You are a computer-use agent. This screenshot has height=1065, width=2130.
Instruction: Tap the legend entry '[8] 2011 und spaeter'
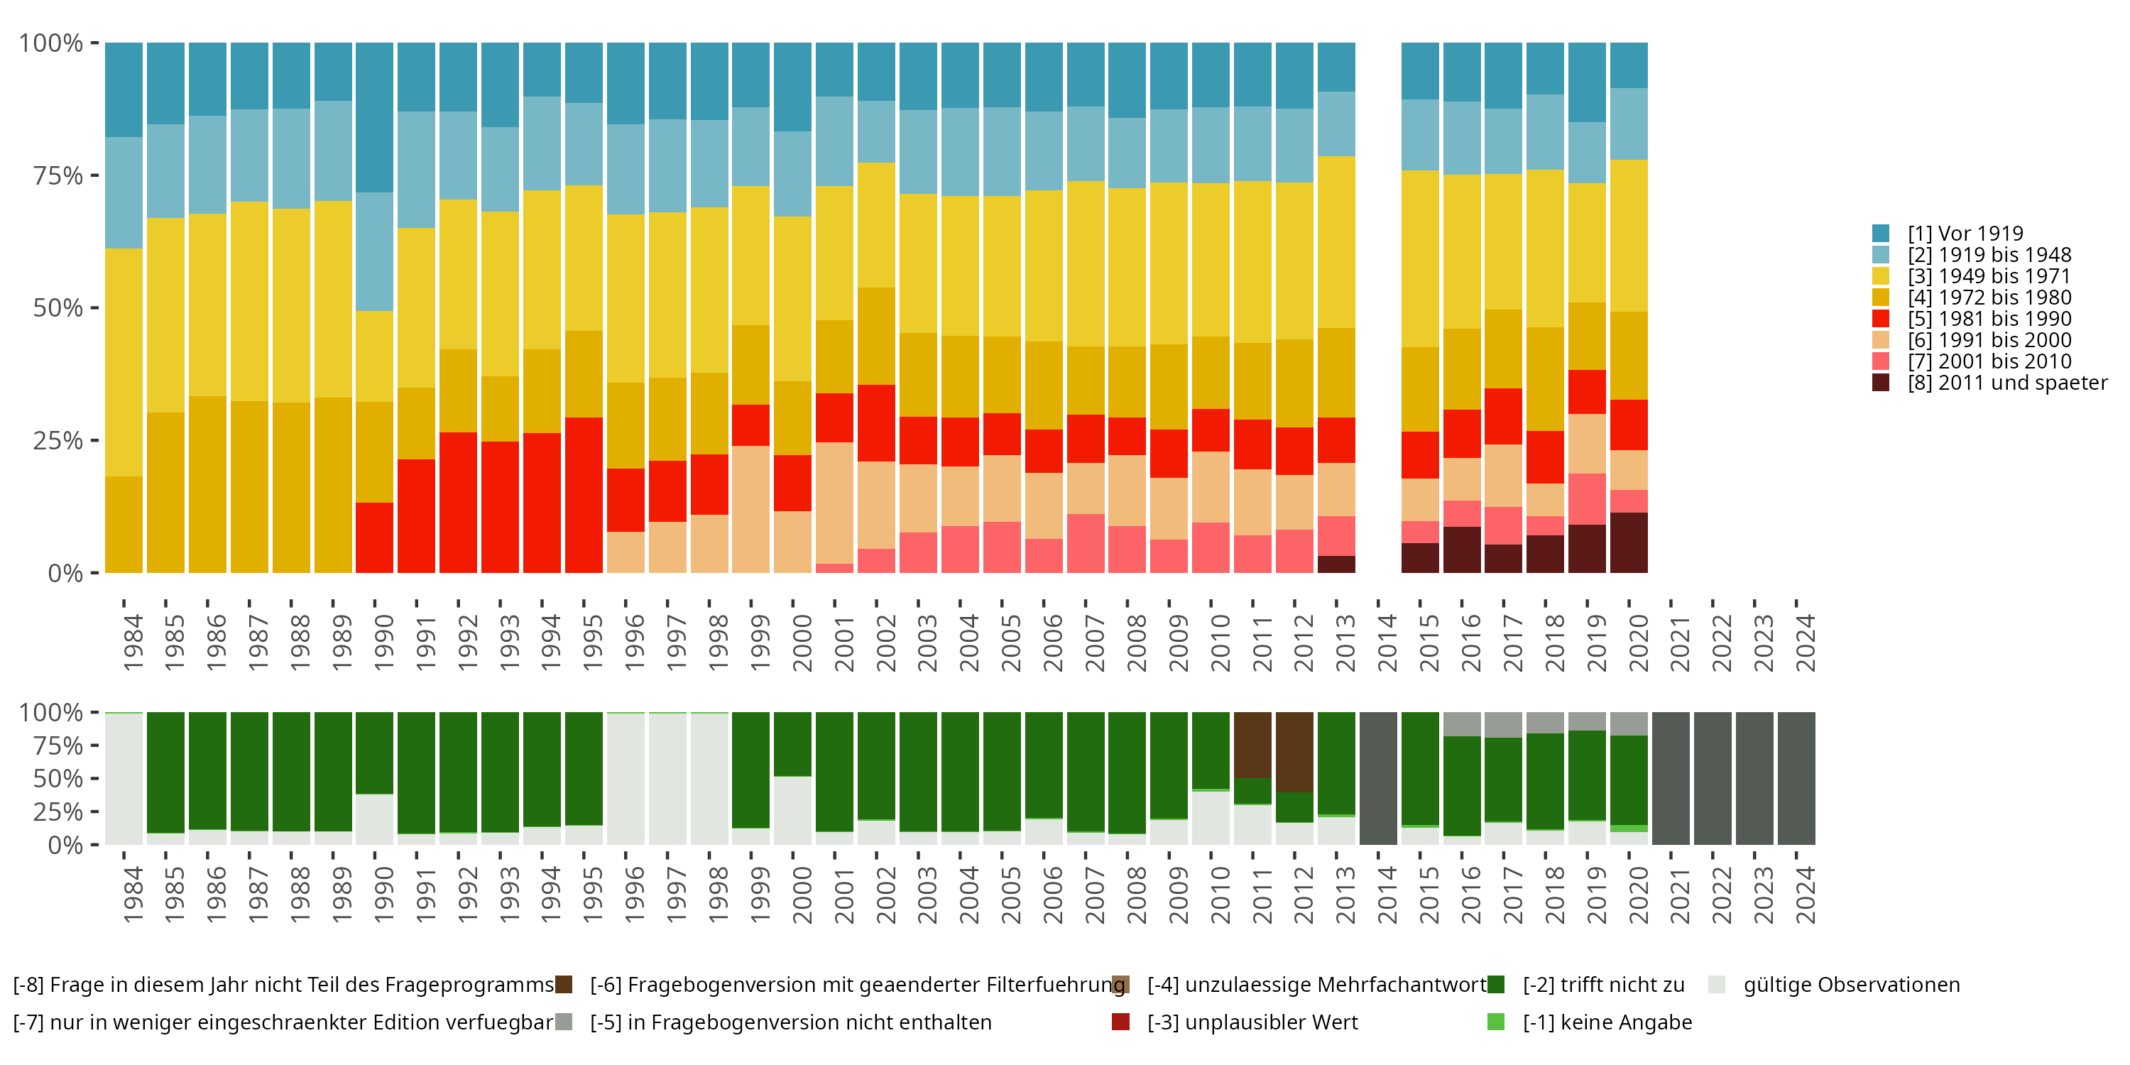(2006, 383)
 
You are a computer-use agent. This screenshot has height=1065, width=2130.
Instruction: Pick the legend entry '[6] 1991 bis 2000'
(1989, 340)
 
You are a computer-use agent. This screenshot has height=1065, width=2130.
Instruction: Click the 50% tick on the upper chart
(58, 307)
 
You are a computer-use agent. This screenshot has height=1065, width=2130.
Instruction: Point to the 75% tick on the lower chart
(58, 745)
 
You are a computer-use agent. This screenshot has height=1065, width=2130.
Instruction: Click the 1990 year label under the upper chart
(383, 643)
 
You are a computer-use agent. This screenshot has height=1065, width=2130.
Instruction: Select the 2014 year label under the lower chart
(1387, 895)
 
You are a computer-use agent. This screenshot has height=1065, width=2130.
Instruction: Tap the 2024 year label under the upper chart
(1805, 643)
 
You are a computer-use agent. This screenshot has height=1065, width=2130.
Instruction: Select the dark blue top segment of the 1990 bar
(375, 117)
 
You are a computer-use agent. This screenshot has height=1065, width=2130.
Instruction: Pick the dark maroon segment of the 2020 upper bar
(1628, 542)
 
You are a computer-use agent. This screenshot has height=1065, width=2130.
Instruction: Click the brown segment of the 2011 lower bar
(1252, 744)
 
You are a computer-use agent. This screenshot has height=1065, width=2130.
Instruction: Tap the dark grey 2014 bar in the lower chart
(1377, 778)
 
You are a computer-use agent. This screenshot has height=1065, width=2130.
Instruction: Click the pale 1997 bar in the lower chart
(667, 778)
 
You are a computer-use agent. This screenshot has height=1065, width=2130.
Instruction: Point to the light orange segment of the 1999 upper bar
(750, 508)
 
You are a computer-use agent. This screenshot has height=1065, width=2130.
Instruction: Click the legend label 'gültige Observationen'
(1850, 985)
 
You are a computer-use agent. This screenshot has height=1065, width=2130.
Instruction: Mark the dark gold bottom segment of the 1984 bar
(124, 524)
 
